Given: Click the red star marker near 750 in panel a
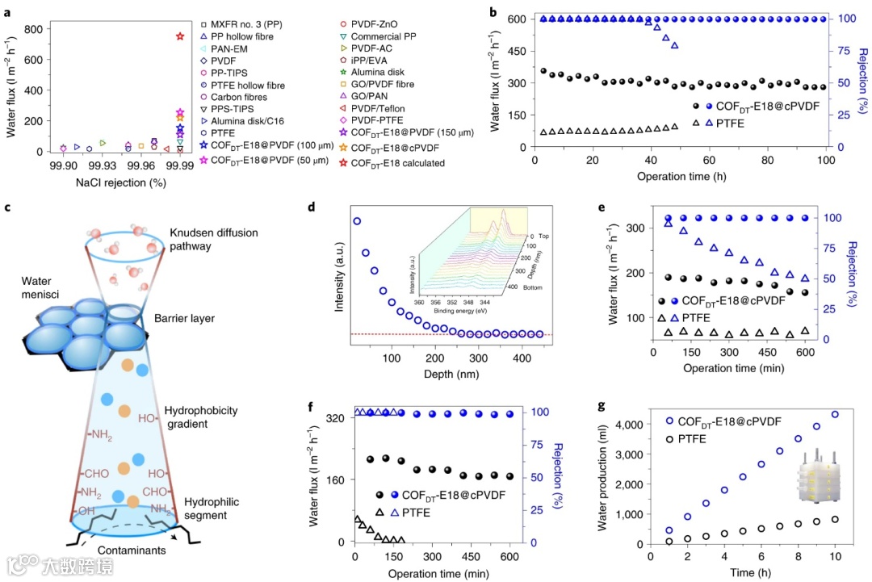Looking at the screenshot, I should (180, 36).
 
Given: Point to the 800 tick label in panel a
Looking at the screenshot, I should (33, 29).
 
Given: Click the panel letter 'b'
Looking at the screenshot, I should (493, 10).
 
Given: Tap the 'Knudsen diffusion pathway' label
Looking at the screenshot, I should (213, 240).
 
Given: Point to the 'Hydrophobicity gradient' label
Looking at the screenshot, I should (200, 417).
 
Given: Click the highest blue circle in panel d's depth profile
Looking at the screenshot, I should (357, 220).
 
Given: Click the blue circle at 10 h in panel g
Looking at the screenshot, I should (835, 415).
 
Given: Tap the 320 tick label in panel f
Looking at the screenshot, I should (337, 417).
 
